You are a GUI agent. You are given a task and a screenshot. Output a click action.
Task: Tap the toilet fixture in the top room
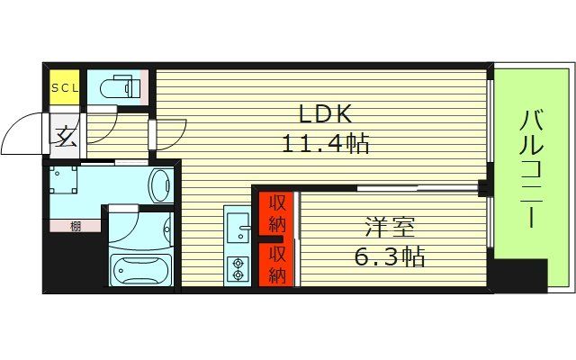[x=121, y=88]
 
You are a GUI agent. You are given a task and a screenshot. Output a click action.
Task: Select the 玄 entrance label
[x=65, y=137]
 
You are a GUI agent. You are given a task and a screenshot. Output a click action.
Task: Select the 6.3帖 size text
[x=389, y=256]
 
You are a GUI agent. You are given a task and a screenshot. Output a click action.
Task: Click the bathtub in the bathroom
[x=139, y=268]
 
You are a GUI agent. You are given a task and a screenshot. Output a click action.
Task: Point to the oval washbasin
[x=162, y=185]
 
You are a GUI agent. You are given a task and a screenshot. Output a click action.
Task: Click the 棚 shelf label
[x=74, y=226]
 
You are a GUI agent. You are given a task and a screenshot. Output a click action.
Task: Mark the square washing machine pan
[x=66, y=183]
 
